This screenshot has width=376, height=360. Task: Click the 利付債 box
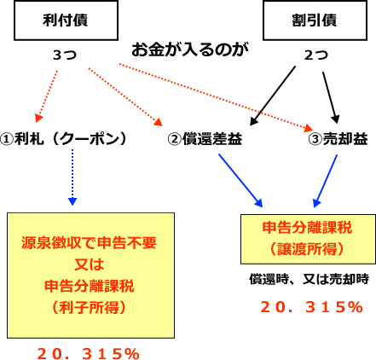(66, 20)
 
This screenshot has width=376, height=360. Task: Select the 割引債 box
(315, 20)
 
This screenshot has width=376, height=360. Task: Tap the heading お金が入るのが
(190, 49)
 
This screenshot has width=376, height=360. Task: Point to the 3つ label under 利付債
(65, 55)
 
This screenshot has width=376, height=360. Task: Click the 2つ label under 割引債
(315, 55)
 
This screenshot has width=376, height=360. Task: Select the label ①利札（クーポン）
(63, 139)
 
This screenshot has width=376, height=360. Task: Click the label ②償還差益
(205, 139)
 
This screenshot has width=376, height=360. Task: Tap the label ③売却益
(338, 139)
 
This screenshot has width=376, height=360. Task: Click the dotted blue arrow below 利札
(72, 177)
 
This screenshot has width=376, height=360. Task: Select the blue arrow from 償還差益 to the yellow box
(240, 180)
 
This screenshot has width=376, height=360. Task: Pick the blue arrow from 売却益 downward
(325, 181)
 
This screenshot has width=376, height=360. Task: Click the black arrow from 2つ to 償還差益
(273, 96)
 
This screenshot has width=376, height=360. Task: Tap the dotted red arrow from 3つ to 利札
(46, 96)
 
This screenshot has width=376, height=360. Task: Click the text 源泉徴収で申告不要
(89, 243)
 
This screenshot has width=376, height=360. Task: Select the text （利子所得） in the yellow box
(89, 307)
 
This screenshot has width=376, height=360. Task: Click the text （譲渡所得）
(307, 249)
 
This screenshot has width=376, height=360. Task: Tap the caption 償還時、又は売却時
(309, 279)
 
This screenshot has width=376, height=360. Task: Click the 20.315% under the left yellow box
(88, 354)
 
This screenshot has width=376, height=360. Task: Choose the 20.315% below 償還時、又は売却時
(312, 307)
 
